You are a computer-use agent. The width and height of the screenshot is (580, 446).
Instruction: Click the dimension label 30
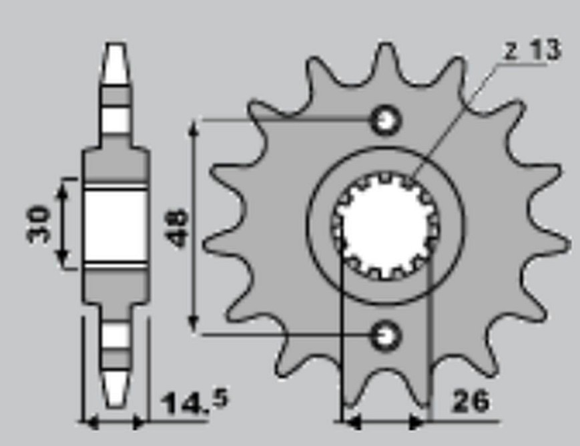(x=38, y=224)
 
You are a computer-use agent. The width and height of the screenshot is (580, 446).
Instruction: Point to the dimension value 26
(x=471, y=401)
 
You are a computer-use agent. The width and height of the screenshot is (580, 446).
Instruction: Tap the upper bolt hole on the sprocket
(x=386, y=120)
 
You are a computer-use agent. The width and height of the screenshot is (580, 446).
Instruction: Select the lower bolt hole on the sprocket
(x=386, y=336)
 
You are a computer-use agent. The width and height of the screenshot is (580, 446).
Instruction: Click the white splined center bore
(x=386, y=226)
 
